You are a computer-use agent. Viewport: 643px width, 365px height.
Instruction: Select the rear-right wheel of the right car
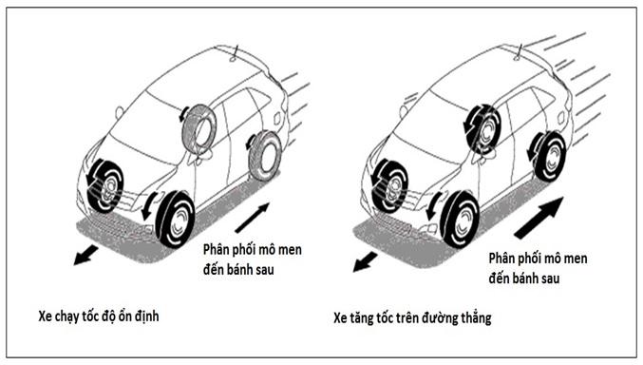point(549,156)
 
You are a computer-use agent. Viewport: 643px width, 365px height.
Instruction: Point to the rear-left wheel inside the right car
point(485,127)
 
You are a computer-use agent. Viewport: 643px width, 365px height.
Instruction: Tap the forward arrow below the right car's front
point(365,259)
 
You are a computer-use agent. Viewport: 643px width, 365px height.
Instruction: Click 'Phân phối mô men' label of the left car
point(255,250)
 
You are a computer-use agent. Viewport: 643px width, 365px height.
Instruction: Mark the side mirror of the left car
point(120,112)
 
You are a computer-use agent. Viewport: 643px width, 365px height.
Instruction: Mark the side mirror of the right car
point(405,111)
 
